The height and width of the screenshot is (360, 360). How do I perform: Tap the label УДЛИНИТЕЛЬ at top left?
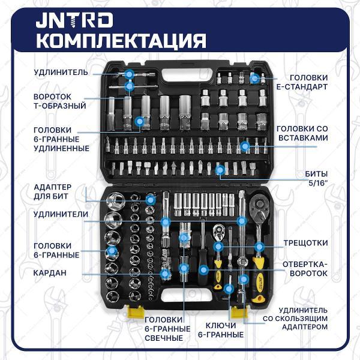coord(60,72)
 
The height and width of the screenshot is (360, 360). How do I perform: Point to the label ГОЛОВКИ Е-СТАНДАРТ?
coord(308,82)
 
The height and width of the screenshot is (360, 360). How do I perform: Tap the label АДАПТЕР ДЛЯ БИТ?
coord(53,191)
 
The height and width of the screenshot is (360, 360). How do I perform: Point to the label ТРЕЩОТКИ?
coord(305,243)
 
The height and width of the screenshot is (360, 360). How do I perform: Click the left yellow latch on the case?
coord(136,312)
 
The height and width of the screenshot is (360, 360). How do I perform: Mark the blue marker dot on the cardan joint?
coord(164,273)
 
